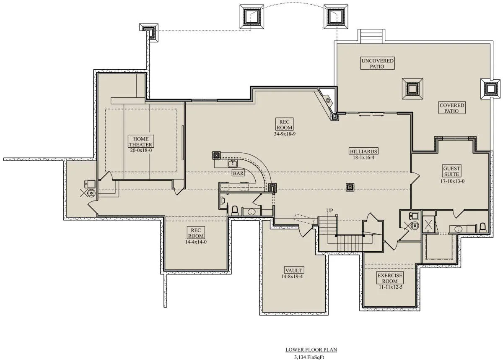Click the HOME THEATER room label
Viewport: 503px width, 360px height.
coord(141,141)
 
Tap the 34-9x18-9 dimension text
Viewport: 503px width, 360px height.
coord(285,134)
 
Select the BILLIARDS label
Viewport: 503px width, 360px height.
coord(363,151)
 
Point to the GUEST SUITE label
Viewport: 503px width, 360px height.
coord(451,171)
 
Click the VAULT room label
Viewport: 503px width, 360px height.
coord(293,270)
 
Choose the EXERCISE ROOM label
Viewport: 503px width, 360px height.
coord(390,278)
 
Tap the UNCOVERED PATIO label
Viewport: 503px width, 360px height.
coord(377,63)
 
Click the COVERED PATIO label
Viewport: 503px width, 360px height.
coord(452,108)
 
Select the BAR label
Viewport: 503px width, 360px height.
coord(238,173)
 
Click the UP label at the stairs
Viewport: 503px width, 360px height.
coord(329,211)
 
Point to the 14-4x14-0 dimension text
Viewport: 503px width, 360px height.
coord(196,242)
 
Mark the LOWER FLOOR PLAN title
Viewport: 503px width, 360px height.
coord(311,350)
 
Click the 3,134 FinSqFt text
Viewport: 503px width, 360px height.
coord(309,357)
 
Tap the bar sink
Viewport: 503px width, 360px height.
coord(233,164)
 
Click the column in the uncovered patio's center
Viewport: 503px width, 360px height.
coord(412,89)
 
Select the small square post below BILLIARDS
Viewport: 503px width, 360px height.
coord(350,187)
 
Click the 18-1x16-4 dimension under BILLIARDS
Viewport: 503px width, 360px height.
coord(363,157)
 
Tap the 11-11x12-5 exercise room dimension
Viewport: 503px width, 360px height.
coord(391,287)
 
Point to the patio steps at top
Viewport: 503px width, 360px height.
coord(371,36)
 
